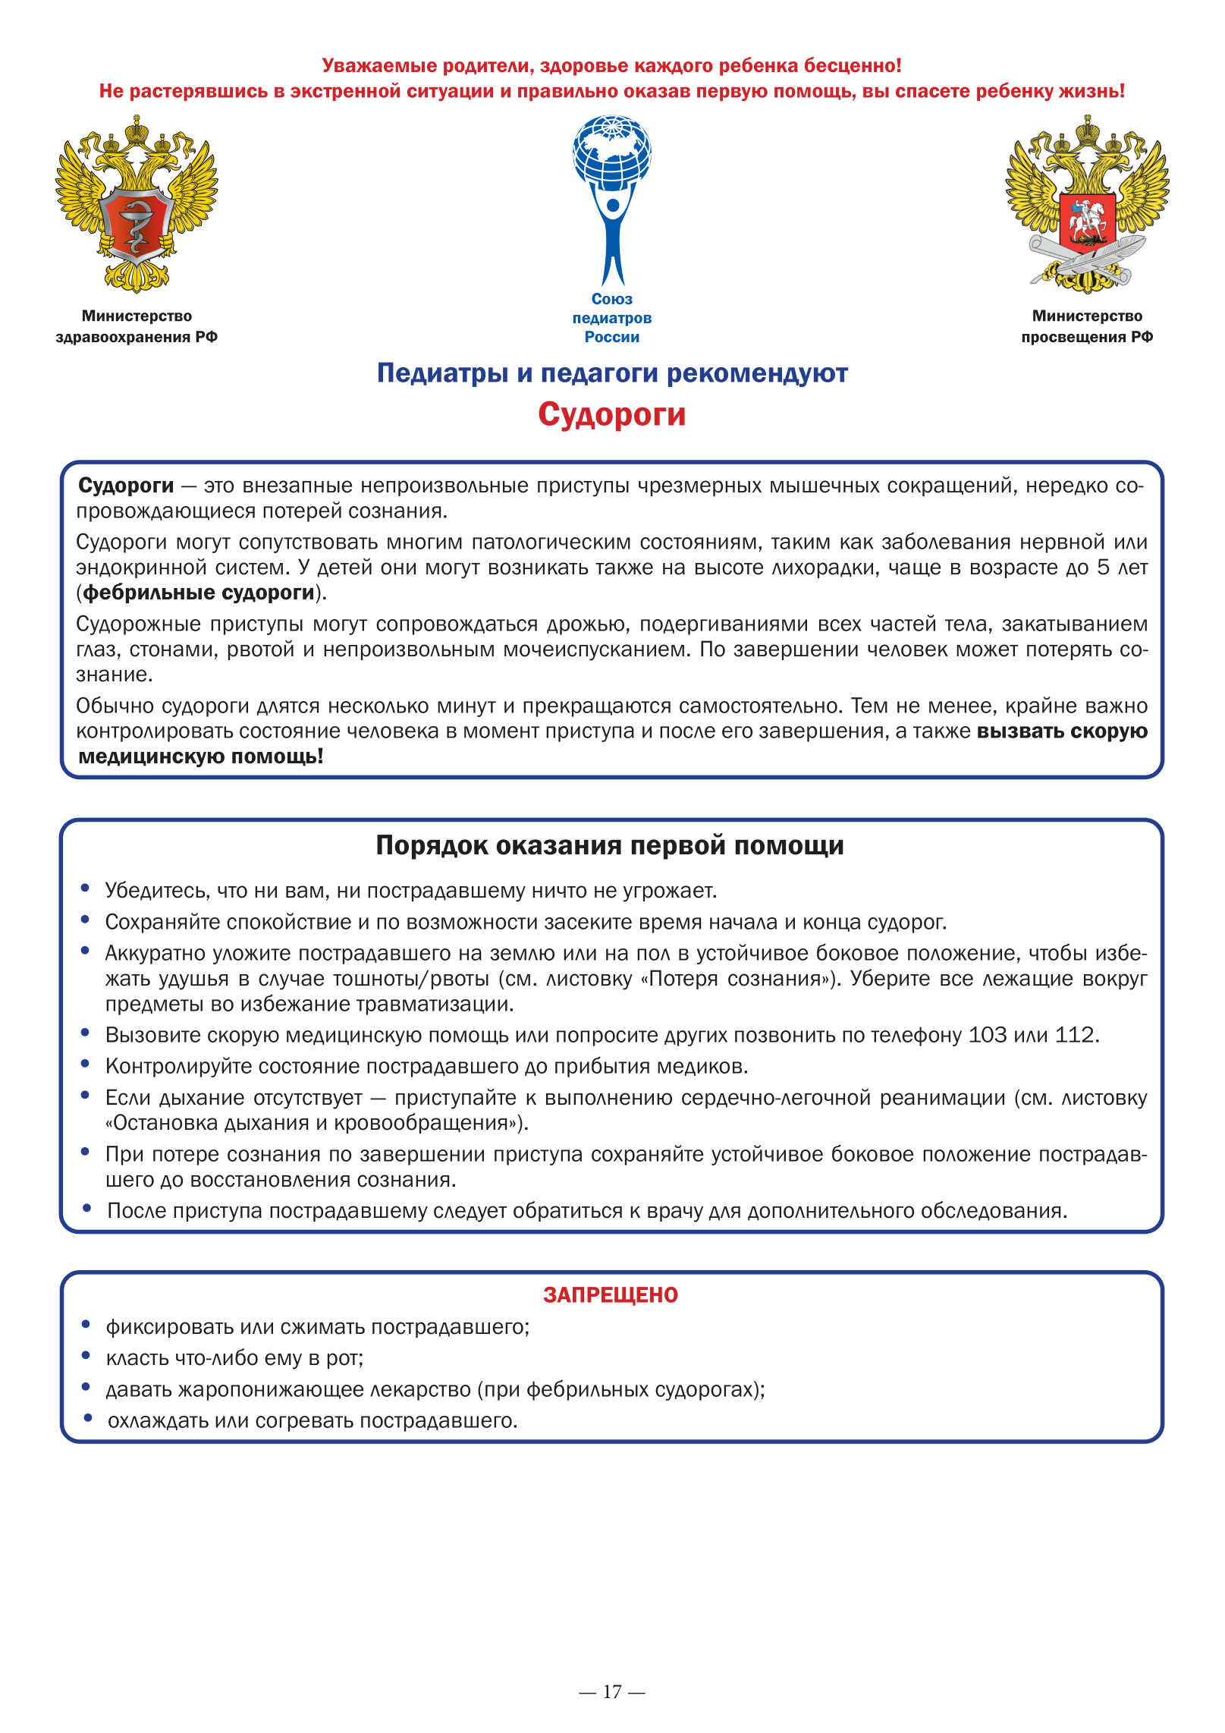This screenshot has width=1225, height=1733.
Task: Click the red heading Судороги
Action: tap(611, 414)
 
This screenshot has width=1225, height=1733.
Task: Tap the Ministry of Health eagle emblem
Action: tap(137, 203)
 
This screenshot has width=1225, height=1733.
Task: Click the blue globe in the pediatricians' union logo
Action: tap(612, 150)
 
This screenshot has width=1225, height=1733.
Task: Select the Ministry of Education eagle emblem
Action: tap(1087, 203)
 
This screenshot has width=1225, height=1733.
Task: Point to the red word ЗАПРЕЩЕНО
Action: tap(611, 1295)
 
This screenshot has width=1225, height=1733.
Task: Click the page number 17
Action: tap(612, 1691)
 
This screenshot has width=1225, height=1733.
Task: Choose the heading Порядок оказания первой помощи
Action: tap(610, 845)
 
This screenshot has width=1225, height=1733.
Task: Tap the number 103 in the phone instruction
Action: tap(988, 1035)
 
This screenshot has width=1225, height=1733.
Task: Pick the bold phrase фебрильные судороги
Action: tap(199, 593)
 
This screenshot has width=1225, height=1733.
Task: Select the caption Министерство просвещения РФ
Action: tap(1087, 326)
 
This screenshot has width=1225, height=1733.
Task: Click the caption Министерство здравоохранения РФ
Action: tap(137, 326)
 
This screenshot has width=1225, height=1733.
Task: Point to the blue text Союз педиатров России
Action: tap(612, 318)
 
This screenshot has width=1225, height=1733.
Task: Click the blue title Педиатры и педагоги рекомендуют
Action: tap(612, 373)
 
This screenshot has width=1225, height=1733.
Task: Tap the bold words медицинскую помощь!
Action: tap(201, 756)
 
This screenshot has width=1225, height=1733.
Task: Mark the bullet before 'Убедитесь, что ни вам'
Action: tap(86, 888)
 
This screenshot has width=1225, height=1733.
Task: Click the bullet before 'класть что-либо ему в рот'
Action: tap(86, 1356)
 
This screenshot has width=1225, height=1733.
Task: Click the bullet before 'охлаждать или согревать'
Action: tap(88, 1418)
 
